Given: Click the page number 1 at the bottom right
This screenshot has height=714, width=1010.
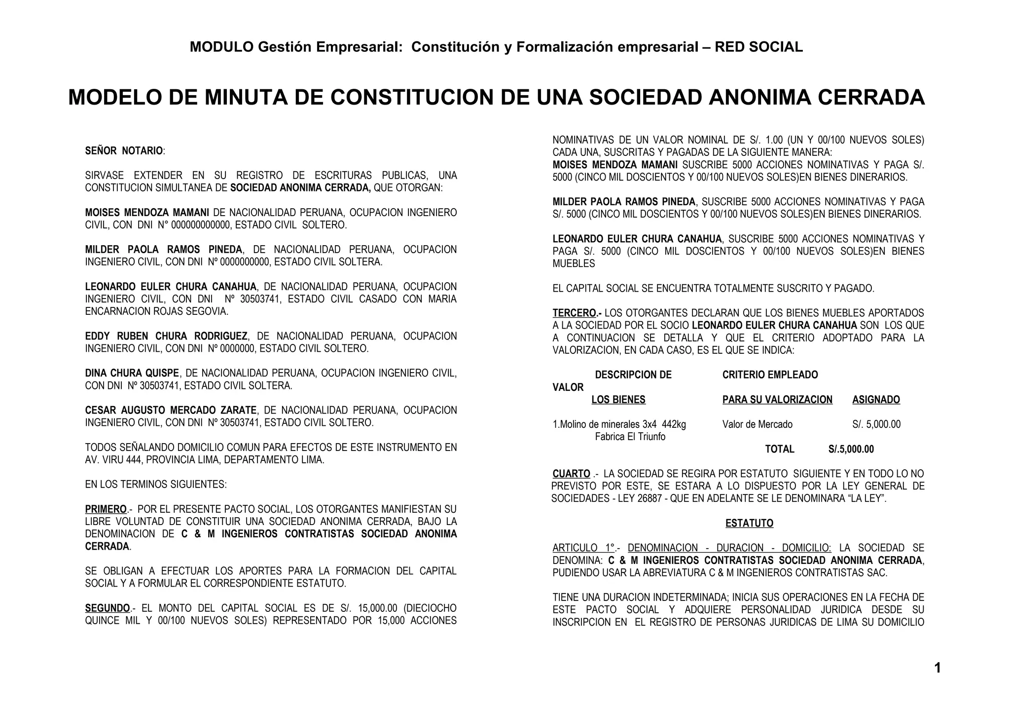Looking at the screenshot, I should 937,668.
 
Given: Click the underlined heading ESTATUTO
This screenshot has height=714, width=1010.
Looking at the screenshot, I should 749,523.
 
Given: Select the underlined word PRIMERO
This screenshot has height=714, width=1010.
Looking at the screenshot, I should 106,509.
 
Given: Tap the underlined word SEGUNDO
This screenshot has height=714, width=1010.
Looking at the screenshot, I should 108,608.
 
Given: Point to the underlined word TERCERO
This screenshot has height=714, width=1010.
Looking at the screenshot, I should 575,313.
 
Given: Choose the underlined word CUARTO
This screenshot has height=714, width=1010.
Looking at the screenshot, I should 571,474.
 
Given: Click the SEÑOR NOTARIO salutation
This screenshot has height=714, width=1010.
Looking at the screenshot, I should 124,151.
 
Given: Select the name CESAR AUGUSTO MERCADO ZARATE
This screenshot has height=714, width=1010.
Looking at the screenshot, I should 171,410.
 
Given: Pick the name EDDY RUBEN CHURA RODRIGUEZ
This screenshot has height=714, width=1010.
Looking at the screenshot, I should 166,336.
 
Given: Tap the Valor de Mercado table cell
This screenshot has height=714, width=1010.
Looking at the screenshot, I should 757,424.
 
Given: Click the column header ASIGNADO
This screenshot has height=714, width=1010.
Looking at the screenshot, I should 876,400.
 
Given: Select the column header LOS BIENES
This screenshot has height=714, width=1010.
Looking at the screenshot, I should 618,400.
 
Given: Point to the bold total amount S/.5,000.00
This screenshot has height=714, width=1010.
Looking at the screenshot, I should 851,449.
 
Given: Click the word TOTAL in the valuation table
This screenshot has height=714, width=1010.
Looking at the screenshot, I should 779,449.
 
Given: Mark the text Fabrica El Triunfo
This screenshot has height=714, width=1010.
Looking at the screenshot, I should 630,437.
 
